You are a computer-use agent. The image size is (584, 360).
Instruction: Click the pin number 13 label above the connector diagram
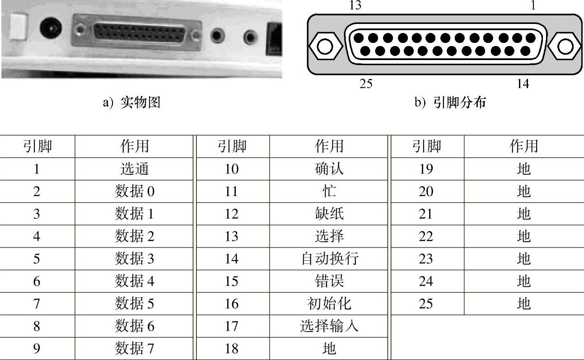(355, 5)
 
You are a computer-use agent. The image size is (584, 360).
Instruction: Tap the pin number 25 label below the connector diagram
(366, 84)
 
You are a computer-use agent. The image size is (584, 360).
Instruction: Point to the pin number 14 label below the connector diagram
(523, 84)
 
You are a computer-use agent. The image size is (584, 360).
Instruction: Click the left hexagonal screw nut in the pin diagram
(325, 47)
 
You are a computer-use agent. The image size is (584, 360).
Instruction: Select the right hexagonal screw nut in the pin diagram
(565, 47)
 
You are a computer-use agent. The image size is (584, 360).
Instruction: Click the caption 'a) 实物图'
(132, 102)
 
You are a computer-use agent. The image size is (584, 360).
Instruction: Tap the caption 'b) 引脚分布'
(450, 102)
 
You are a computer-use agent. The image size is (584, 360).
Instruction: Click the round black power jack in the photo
(51, 28)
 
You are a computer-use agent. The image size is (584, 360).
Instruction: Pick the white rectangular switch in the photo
(18, 27)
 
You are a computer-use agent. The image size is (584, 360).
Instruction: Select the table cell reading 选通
(135, 168)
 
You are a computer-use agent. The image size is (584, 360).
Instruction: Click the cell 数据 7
(135, 348)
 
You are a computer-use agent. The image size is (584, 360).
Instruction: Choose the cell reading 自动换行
(330, 259)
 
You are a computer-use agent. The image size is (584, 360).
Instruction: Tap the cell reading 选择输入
(329, 326)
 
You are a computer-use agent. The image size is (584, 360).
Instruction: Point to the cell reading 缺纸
(329, 214)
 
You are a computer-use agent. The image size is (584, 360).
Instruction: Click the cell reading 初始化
(329, 304)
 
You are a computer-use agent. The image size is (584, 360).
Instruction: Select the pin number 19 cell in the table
(426, 169)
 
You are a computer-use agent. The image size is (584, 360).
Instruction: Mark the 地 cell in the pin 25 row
(524, 304)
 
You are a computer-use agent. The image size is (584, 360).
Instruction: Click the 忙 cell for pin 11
(329, 191)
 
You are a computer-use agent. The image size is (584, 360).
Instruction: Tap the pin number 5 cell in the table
(37, 259)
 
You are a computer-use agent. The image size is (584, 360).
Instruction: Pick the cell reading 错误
(329, 281)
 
